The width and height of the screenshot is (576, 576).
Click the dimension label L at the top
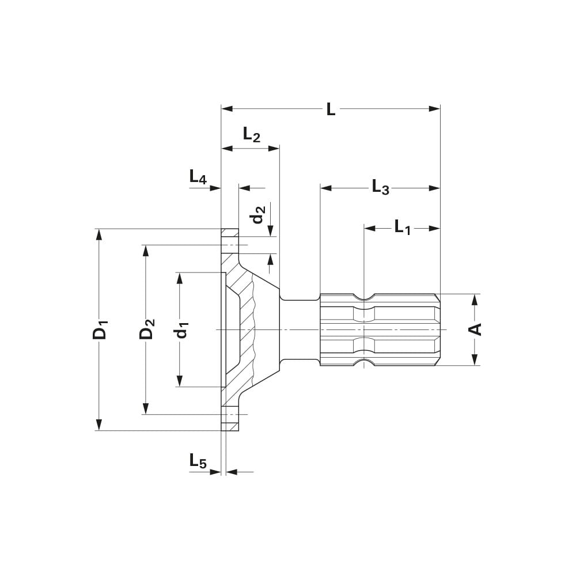click(330, 109)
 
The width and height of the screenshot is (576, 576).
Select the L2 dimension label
click(251, 135)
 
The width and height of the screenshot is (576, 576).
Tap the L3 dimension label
click(380, 188)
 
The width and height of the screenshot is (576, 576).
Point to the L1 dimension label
click(403, 228)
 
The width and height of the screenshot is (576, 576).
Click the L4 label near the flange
click(198, 177)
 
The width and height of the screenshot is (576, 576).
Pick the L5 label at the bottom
click(198, 461)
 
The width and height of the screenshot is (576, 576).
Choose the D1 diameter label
click(100, 329)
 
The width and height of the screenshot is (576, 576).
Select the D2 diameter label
click(147, 329)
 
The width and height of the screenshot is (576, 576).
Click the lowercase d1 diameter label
click(181, 329)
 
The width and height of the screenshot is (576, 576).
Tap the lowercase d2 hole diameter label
click(259, 215)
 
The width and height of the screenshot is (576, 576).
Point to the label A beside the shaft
click(475, 329)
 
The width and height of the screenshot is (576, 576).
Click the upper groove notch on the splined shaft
click(364, 297)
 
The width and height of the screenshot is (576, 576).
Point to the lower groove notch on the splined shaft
click(364, 362)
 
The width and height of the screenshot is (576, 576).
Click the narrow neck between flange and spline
click(300, 329)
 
